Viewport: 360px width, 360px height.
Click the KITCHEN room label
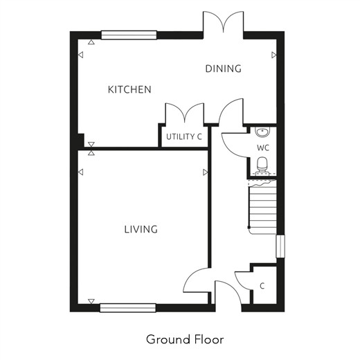point(129,89)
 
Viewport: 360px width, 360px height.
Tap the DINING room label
point(223,69)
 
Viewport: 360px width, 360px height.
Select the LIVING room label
point(141,229)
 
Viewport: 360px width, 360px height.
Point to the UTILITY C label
point(184,136)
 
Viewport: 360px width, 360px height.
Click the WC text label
point(263,147)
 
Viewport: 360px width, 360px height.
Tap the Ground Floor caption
point(185,339)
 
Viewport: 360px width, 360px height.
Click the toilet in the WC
point(262,165)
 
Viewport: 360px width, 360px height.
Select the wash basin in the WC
point(262,132)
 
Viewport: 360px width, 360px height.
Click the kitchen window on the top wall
point(129,35)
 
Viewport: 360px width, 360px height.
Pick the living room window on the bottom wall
point(128,308)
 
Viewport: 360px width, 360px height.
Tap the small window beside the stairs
point(280,246)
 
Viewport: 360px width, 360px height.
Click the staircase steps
point(262,207)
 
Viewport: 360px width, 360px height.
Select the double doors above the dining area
point(223,22)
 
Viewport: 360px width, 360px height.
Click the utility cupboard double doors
point(185,113)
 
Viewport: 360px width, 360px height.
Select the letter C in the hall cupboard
point(262,286)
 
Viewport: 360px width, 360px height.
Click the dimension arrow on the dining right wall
point(274,55)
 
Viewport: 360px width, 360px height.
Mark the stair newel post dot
point(249,227)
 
